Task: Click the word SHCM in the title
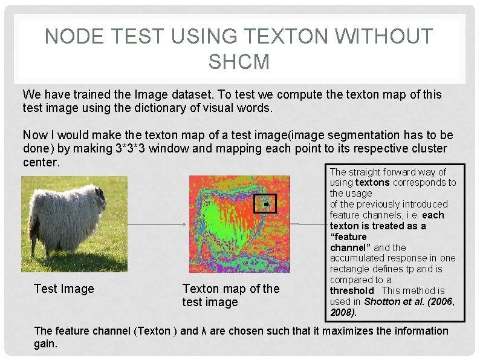click(x=239, y=61)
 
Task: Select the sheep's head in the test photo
click(x=100, y=197)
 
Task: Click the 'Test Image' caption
click(x=64, y=289)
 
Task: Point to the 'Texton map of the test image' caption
click(x=231, y=295)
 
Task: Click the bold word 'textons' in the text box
click(x=372, y=182)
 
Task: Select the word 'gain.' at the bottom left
click(x=46, y=344)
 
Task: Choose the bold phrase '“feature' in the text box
click(x=349, y=237)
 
